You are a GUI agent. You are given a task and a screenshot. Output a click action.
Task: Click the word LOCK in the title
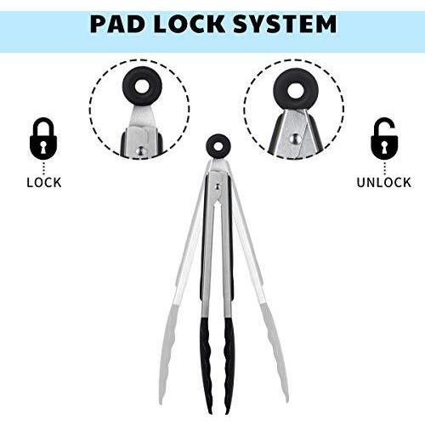(x=190, y=24)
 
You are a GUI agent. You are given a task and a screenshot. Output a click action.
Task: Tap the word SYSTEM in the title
(x=285, y=24)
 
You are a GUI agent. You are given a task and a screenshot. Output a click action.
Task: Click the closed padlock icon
(x=43, y=139)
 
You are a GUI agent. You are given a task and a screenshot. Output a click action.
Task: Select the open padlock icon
(x=384, y=139)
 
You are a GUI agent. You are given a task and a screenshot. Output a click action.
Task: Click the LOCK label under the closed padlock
(x=44, y=183)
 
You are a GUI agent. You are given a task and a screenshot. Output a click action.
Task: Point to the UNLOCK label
(x=384, y=183)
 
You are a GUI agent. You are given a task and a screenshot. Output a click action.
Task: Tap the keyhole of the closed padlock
(x=43, y=147)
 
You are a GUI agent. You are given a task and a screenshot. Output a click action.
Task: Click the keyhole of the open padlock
(x=384, y=147)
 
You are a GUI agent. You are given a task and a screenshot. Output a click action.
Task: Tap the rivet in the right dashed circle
(x=295, y=139)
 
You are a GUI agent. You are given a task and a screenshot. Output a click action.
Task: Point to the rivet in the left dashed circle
(x=140, y=150)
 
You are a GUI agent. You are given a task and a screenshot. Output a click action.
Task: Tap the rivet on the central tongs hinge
(x=217, y=186)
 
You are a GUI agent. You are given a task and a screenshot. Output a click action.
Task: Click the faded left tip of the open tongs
(x=167, y=354)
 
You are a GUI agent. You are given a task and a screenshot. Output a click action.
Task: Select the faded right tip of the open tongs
(x=274, y=351)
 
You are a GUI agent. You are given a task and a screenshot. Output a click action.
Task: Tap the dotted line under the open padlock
(x=384, y=169)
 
